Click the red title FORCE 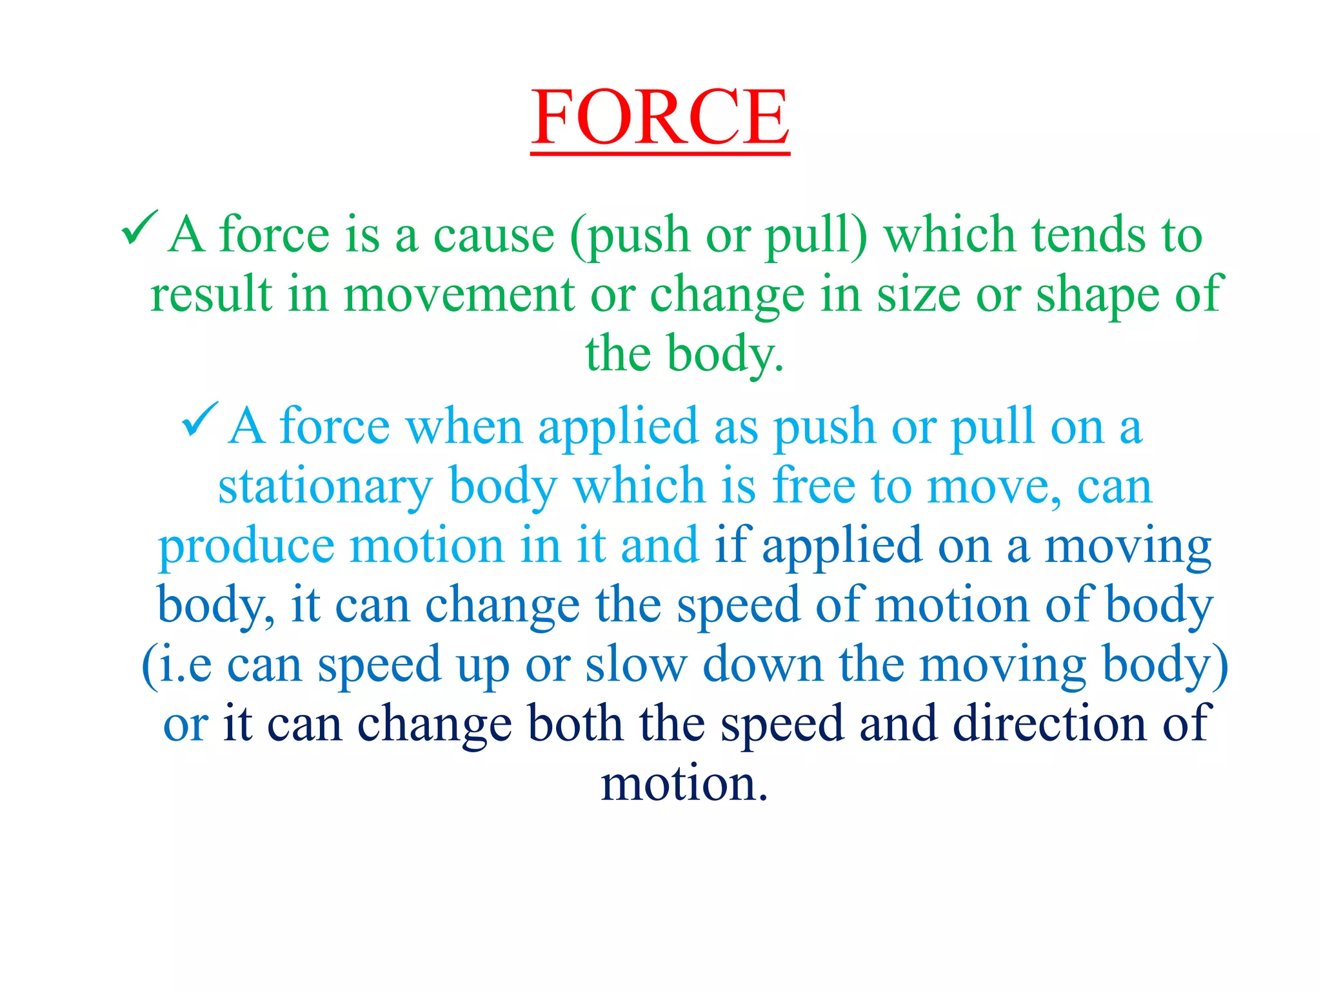point(660,117)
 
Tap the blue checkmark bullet point(200,419)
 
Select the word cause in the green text point(493,235)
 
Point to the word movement point(459,295)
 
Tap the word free point(813,485)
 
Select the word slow point(636,665)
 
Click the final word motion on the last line point(684,784)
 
